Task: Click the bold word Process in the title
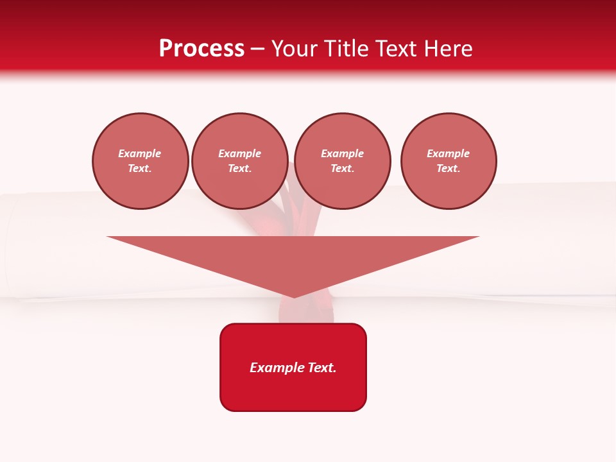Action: pos(201,49)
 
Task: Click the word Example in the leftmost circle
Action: pos(140,153)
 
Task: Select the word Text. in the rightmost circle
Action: pos(449,168)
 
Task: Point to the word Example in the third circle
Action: pos(343,153)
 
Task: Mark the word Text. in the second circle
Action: pos(240,168)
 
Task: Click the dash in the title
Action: pos(258,49)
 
